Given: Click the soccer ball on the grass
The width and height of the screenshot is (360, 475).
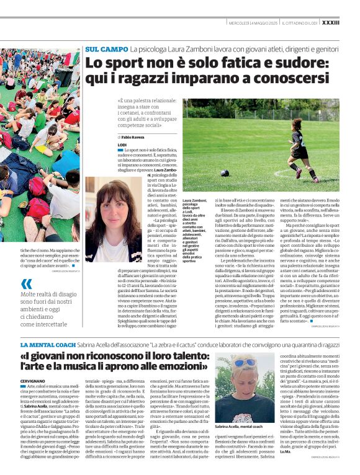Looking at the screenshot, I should click(x=225, y=173).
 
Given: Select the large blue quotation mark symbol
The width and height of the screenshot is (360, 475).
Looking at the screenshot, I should click(x=26, y=284).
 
